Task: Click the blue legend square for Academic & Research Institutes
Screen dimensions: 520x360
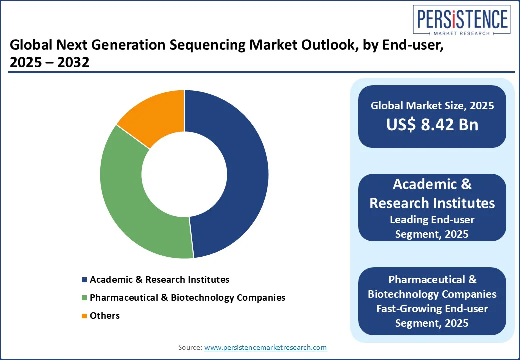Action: point(84,280)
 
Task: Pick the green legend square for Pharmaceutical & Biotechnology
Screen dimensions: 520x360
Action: point(84,298)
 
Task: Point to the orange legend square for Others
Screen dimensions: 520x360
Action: point(84,316)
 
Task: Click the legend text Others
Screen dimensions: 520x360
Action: point(105,315)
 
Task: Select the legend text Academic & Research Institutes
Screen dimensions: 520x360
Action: point(159,280)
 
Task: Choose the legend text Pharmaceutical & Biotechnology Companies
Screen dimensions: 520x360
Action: point(187,297)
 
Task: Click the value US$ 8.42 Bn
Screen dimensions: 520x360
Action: point(432,125)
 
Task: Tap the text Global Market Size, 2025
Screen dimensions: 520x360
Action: point(432,105)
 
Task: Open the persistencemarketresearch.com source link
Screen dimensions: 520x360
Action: point(265,347)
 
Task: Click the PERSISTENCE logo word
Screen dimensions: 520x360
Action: point(462,19)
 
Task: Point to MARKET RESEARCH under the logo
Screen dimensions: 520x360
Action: point(462,33)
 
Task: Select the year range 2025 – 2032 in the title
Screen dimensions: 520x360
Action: point(49,62)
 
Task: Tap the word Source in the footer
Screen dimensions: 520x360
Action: point(190,347)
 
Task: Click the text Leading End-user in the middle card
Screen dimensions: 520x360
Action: point(432,220)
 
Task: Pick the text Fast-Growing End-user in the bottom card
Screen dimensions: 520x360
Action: point(432,309)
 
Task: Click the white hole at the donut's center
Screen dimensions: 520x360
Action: point(184,174)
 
